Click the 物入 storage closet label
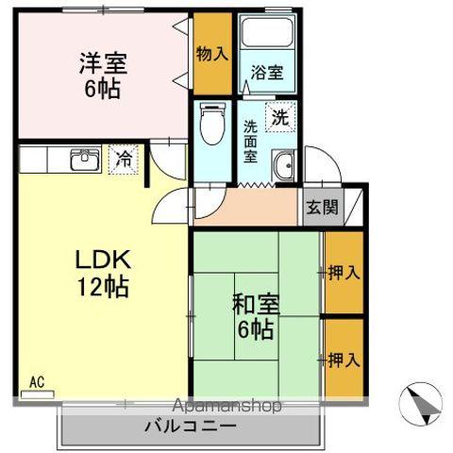pyautogui.click(x=212, y=54)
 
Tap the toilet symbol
pyautogui.click(x=211, y=124)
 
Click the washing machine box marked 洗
pyautogui.click(x=281, y=118)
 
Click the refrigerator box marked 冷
pyautogui.click(x=123, y=159)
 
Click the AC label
pyautogui.click(x=37, y=382)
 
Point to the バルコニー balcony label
pyautogui.click(x=190, y=427)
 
